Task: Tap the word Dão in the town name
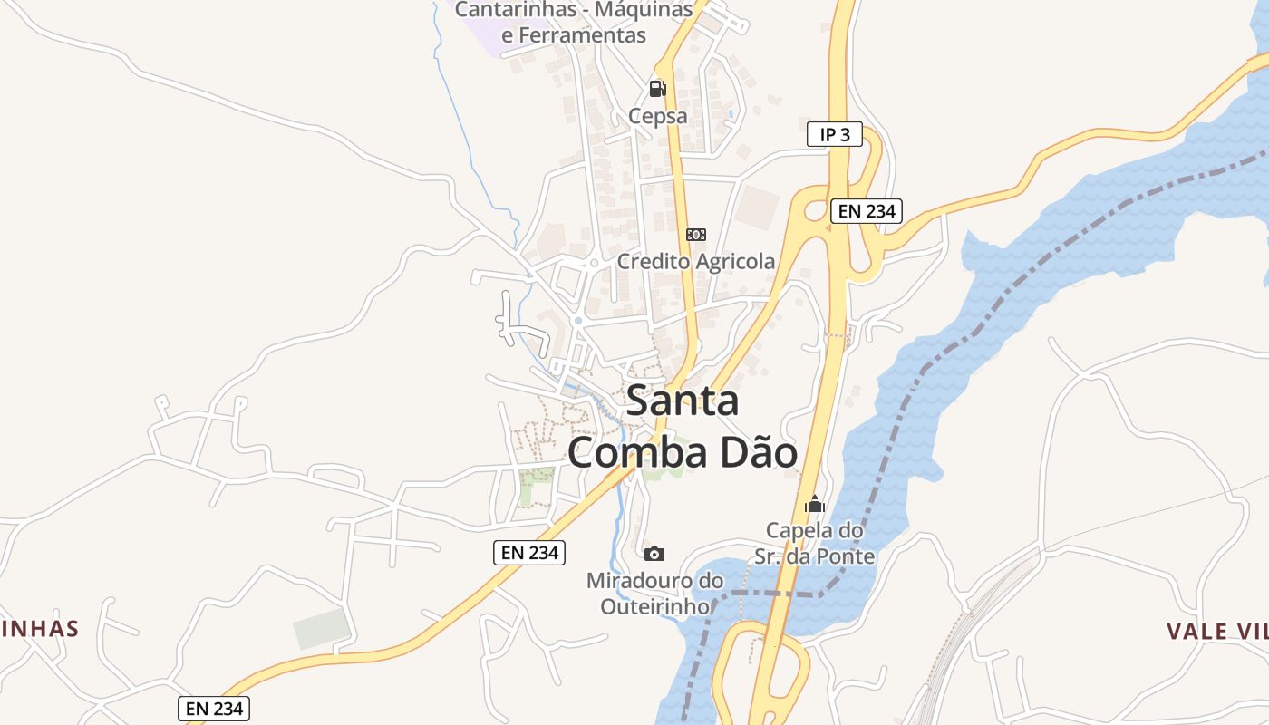coord(759,453)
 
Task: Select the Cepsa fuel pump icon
coord(658,89)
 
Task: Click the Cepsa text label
coord(658,117)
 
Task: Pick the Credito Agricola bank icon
coord(696,235)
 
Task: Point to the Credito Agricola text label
coord(696,262)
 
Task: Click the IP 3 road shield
coord(834,134)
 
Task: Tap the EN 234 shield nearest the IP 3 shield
coord(866,211)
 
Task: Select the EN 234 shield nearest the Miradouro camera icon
coord(529,553)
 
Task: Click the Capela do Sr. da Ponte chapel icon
coord(814,504)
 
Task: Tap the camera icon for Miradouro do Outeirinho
coord(654,554)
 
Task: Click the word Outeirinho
coord(654,605)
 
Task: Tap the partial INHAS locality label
coord(40,628)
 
